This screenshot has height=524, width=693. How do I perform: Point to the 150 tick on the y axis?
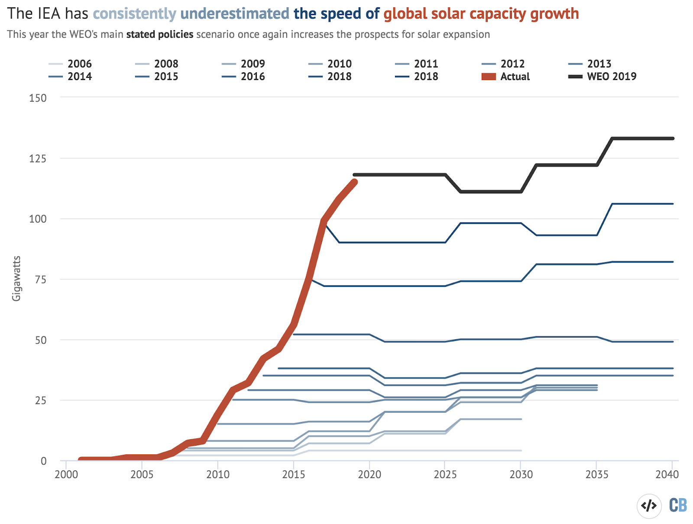coord(38,98)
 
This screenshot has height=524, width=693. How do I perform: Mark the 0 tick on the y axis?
coord(44,461)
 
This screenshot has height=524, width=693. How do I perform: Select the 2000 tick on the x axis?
coord(66,475)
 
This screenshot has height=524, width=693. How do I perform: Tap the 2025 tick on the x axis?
coord(445,475)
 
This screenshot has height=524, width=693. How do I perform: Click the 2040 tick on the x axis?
coord(667,475)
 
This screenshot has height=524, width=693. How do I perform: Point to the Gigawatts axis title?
coord(16,279)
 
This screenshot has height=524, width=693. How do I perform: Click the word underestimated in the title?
coord(235,14)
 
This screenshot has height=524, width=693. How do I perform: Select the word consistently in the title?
coord(135,14)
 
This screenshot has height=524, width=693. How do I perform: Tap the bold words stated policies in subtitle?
coord(160,35)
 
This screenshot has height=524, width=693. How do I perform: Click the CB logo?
coord(678,505)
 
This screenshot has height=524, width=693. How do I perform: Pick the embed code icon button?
coord(649,505)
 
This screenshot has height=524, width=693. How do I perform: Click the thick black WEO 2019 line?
coord(563,165)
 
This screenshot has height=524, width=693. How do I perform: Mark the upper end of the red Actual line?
coord(355,182)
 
